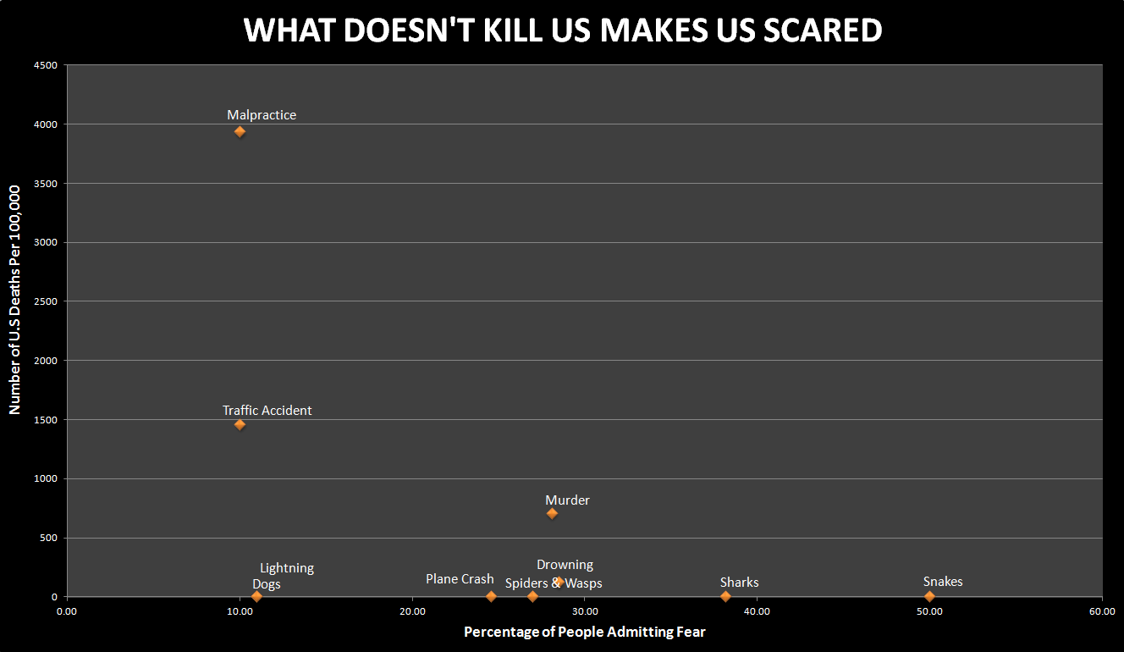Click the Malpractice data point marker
(240, 131)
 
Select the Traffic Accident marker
(240, 424)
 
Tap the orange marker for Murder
(552, 513)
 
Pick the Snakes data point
(929, 596)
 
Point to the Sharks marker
(725, 596)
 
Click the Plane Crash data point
(491, 596)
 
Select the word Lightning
(287, 568)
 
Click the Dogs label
(267, 584)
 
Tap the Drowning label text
(565, 565)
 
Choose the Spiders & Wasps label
(554, 583)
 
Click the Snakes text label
(943, 582)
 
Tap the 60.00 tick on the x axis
(1101, 611)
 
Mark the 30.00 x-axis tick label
(584, 611)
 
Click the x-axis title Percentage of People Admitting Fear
(584, 632)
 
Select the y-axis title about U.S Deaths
(14, 300)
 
